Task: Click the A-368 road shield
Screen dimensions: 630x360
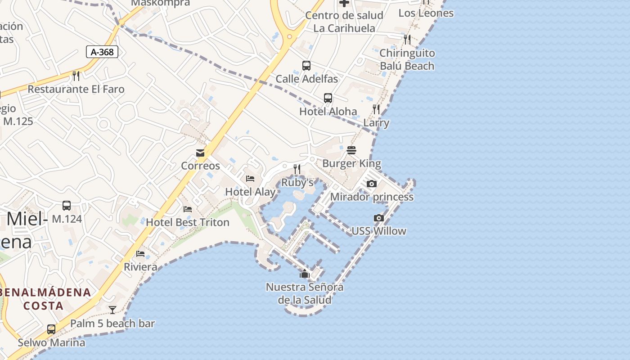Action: pos(102,52)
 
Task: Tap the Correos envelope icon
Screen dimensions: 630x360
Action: pos(200,153)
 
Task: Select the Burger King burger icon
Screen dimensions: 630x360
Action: pos(351,150)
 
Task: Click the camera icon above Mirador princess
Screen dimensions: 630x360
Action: pos(371,184)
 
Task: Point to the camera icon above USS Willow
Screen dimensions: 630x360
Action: pos(379,218)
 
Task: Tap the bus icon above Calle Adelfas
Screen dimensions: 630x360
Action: pos(306,66)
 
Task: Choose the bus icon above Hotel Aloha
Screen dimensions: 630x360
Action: pos(328,98)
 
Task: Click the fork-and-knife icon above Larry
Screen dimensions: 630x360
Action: pos(376,109)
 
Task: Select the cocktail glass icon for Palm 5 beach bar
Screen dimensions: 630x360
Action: pos(112,310)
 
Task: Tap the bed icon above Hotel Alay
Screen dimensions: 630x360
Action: pos(250,179)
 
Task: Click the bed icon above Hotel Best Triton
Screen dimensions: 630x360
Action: pos(188,209)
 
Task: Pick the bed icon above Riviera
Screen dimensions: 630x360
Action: pos(140,254)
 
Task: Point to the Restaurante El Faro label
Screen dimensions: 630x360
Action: pos(76,89)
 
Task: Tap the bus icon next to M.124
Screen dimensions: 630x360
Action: pos(67,206)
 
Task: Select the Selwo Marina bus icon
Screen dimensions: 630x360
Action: pos(51,329)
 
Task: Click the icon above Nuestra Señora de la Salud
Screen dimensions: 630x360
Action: pos(305,274)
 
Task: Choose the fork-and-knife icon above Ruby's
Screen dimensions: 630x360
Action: pos(297,169)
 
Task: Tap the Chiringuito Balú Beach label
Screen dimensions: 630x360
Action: pos(407,59)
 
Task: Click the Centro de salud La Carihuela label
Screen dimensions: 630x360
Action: pos(344,22)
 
